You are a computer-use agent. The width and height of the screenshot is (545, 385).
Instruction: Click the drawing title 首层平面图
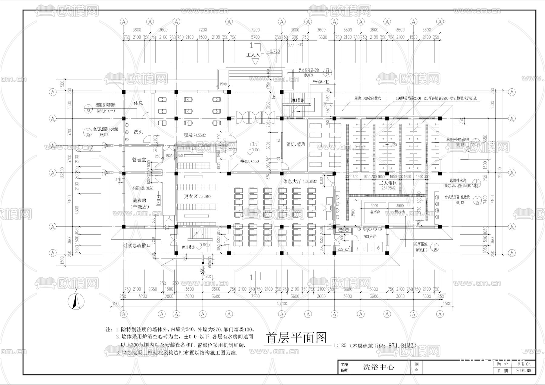point(297,338)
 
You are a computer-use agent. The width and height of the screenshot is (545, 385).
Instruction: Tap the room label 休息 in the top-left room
point(138,103)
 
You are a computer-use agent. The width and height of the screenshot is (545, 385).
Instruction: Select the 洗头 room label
point(138,132)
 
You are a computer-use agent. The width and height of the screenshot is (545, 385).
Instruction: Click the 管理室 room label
point(139,160)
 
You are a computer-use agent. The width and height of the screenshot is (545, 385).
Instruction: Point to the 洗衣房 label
point(139,200)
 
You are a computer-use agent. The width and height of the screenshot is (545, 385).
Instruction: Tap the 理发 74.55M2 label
point(194,135)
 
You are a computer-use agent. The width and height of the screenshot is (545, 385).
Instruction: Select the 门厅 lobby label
point(254,145)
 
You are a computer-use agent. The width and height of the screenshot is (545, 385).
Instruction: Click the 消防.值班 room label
point(296,144)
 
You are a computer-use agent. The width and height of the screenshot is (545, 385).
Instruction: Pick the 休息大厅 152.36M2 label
point(299,182)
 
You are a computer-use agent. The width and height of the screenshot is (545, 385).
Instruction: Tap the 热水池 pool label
point(400,212)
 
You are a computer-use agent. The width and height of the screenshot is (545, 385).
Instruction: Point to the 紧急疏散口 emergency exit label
point(139,245)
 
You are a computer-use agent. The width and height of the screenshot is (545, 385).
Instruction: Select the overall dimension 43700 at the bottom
point(282,303)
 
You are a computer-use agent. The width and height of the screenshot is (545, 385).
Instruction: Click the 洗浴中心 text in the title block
point(378,367)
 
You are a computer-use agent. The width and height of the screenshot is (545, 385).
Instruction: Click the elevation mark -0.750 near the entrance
point(274,51)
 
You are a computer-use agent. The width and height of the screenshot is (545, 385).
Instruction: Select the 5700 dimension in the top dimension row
point(255,37)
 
